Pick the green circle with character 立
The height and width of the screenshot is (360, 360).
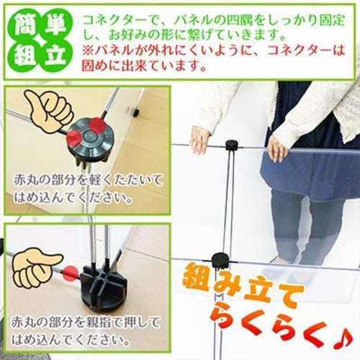tap(55, 55)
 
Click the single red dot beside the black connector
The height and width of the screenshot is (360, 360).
tap(70, 273)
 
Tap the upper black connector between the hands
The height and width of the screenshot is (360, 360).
tap(232, 145)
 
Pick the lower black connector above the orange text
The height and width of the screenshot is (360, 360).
tap(220, 260)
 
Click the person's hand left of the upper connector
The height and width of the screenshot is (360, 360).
tap(200, 139)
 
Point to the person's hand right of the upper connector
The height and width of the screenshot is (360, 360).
tap(277, 149)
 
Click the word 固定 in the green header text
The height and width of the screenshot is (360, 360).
tap(333, 21)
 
